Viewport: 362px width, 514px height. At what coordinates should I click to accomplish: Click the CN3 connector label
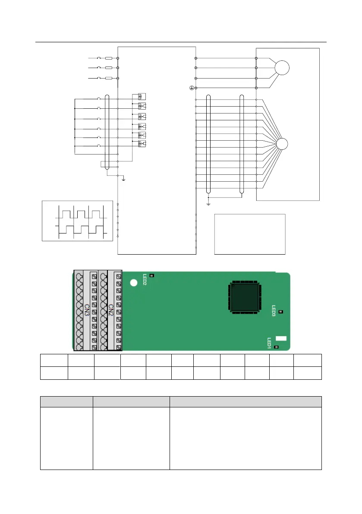[86, 310]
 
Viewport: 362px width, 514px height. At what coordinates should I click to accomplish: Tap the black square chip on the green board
[244, 297]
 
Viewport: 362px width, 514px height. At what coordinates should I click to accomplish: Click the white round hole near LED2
[134, 283]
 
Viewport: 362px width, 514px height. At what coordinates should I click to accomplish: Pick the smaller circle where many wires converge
[282, 144]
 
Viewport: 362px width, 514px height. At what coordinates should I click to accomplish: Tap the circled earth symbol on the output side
[191, 88]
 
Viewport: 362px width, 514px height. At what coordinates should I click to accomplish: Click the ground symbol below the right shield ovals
[208, 202]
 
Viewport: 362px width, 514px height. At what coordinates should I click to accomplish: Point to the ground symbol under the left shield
[124, 178]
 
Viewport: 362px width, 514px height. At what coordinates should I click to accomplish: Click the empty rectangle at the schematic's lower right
[250, 234]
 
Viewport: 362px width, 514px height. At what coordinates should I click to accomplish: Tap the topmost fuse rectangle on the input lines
[109, 58]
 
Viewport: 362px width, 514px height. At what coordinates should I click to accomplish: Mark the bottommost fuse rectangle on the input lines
[109, 79]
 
